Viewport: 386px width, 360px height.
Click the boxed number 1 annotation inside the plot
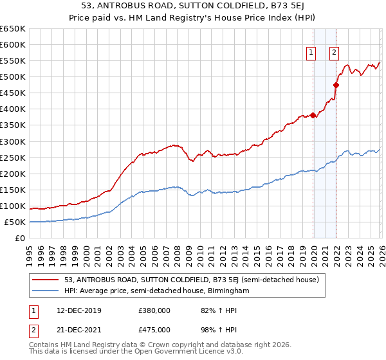[x=311, y=53]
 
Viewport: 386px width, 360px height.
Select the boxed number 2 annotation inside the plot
[x=335, y=53]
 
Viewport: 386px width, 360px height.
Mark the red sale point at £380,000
[x=313, y=116]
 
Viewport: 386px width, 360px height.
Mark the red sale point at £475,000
[x=336, y=85]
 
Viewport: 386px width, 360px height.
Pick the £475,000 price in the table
[x=154, y=329]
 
